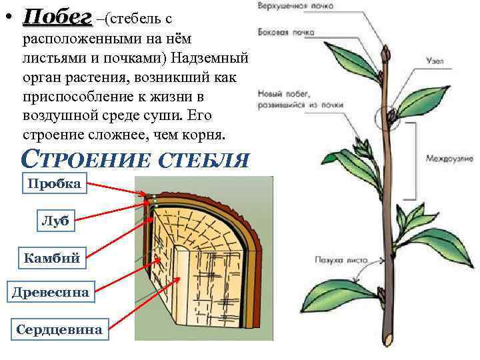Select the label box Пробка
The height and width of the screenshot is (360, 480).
(x=55, y=184)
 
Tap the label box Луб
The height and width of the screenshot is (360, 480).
(x=55, y=222)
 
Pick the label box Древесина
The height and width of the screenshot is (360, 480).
(x=51, y=291)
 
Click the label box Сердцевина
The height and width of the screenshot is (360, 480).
(x=59, y=329)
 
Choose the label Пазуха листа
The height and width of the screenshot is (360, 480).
(x=337, y=259)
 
